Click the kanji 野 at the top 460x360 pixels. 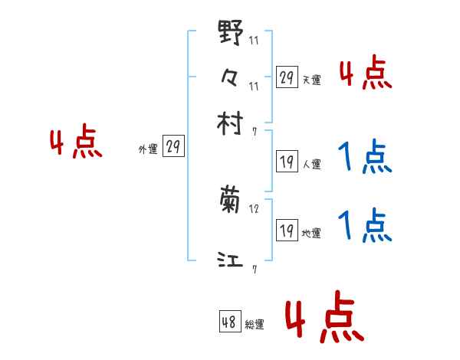230,33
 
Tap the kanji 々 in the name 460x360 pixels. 230,76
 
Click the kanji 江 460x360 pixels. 230,260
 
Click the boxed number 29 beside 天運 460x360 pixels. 287,77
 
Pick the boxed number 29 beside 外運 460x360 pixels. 173,147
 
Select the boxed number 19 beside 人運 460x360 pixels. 287,161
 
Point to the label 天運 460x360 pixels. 311,80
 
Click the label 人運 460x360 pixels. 311,163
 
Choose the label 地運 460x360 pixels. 311,233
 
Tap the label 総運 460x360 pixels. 255,325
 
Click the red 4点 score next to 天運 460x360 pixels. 366,74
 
